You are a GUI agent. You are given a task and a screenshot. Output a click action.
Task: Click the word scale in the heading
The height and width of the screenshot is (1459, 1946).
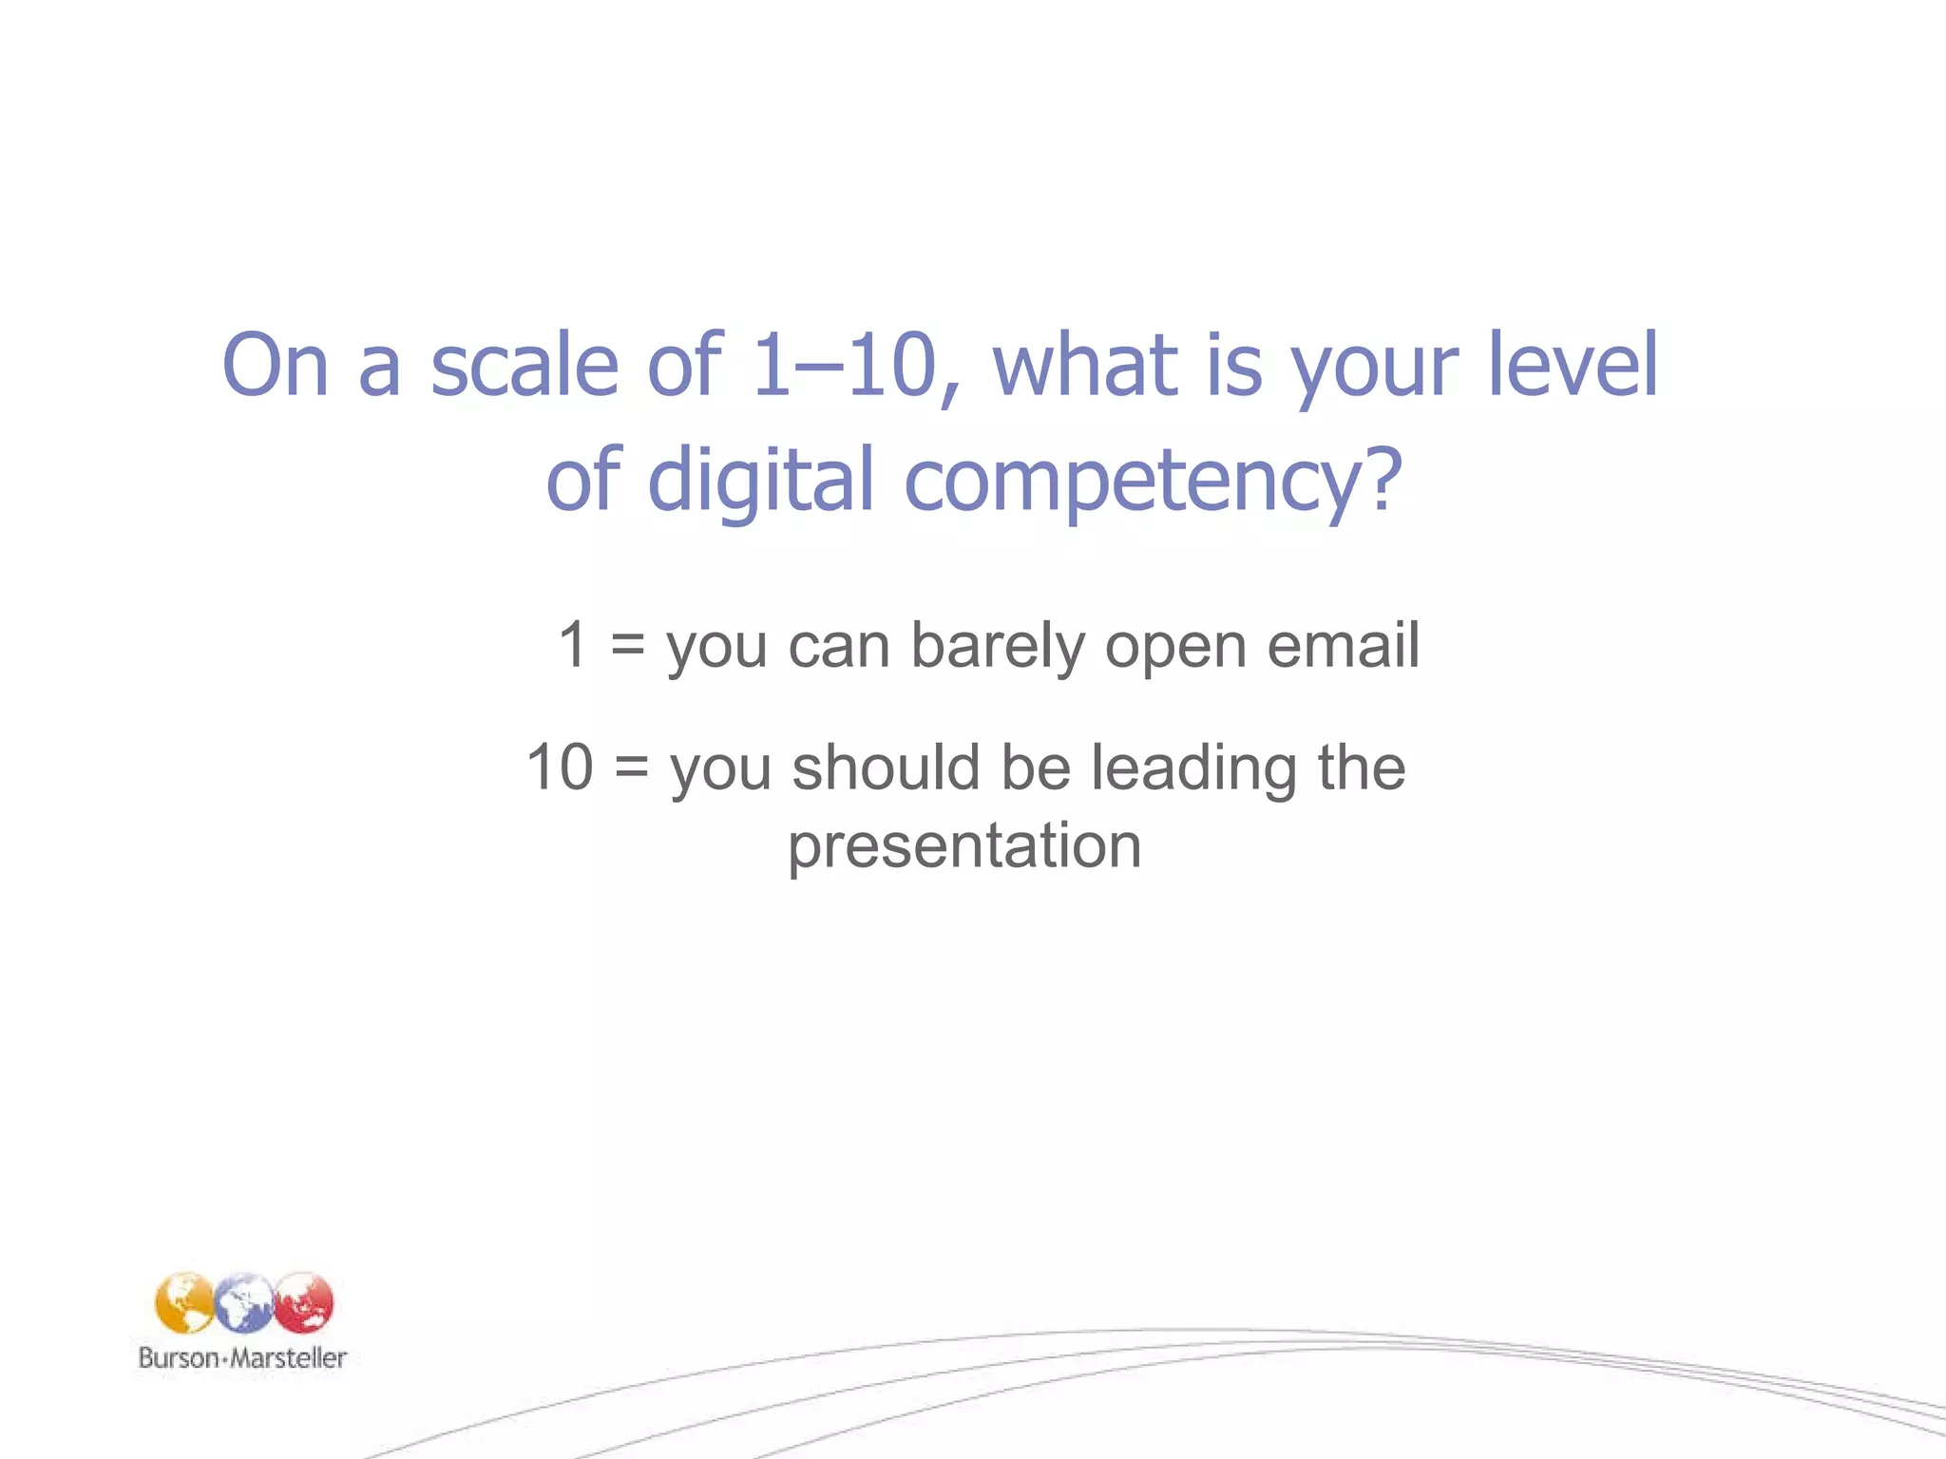click(x=525, y=366)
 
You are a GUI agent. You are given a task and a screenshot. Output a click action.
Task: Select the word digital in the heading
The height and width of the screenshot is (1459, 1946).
click(x=760, y=480)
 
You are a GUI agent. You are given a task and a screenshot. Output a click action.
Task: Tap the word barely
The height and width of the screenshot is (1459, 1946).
click(x=997, y=647)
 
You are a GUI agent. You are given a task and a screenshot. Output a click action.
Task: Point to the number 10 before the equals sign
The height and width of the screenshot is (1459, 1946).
click(x=561, y=767)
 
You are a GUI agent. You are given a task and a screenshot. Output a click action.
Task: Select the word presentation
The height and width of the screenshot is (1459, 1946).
click(x=964, y=845)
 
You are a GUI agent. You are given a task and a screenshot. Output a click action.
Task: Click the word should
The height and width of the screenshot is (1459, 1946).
click(x=886, y=767)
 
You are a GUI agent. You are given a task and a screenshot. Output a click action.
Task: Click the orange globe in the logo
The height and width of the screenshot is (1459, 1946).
click(x=184, y=1303)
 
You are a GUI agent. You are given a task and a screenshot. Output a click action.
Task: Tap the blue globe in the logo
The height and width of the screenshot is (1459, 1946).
click(x=243, y=1303)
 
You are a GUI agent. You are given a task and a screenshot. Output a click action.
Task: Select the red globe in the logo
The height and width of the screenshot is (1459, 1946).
click(x=304, y=1303)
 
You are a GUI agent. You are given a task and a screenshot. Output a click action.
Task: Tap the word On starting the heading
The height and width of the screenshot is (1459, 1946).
click(x=275, y=366)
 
